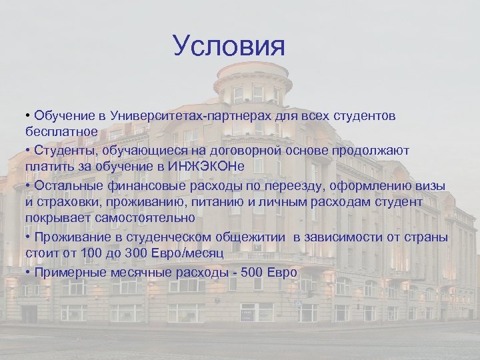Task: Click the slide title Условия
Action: point(229,47)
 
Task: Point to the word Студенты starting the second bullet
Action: point(65,151)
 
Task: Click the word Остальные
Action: point(70,186)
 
